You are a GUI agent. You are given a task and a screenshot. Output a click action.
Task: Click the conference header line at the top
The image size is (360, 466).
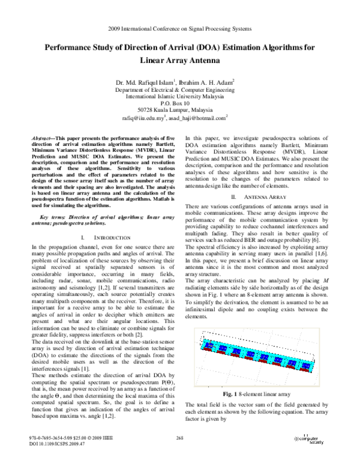(x=180, y=29)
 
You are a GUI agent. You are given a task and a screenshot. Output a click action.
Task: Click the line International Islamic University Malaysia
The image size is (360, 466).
(x=180, y=95)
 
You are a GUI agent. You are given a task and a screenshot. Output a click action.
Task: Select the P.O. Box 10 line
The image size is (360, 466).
(x=180, y=103)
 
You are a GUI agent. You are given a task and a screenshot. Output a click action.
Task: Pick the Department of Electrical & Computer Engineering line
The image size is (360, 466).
(x=180, y=89)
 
